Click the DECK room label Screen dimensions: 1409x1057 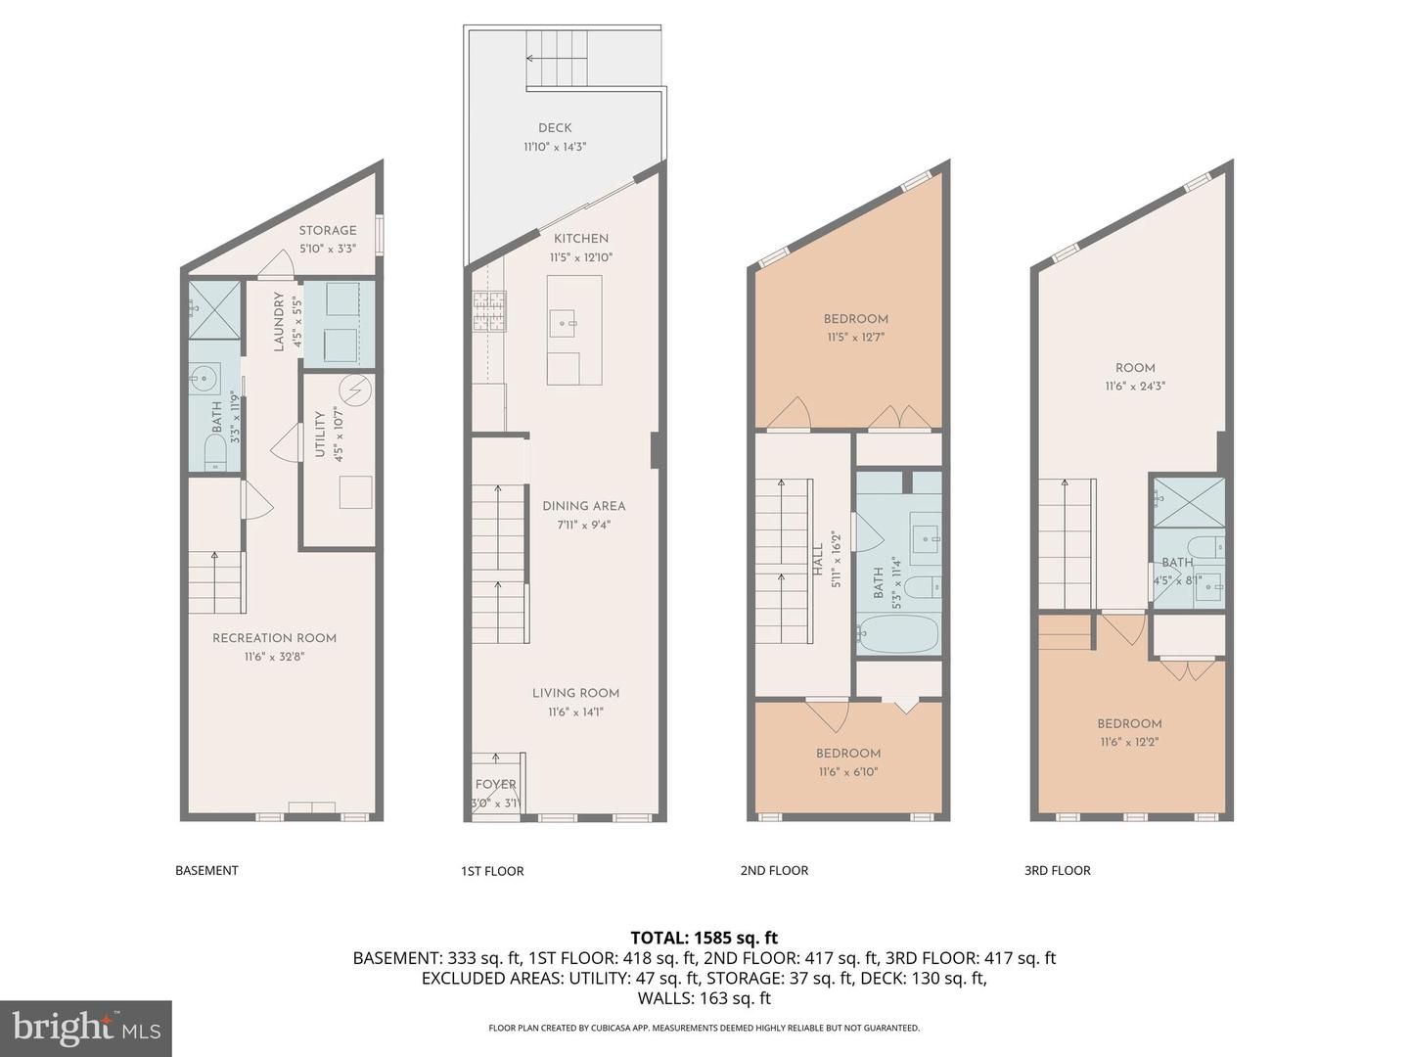[555, 127]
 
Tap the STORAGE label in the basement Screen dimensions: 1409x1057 [328, 230]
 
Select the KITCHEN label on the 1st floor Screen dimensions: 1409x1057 [581, 238]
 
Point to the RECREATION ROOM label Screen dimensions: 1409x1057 [274, 638]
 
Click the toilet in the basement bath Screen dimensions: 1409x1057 [215, 451]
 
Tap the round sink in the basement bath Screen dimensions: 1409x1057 [205, 378]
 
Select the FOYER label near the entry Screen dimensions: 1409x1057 [495, 784]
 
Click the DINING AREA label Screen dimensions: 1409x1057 [583, 506]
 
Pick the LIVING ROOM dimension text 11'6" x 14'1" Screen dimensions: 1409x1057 [575, 712]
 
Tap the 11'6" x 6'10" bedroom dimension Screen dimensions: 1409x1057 [848, 771]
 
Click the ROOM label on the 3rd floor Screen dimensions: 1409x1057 [1135, 368]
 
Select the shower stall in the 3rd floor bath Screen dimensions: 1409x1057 [1188, 502]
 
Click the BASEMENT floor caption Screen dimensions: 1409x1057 [206, 870]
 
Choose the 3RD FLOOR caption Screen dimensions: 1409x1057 [1057, 870]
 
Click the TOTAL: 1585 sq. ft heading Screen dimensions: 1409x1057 [704, 938]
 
